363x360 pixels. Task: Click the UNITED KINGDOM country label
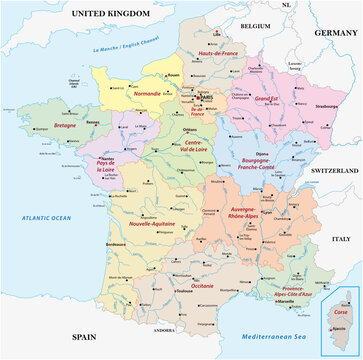click(109, 13)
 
